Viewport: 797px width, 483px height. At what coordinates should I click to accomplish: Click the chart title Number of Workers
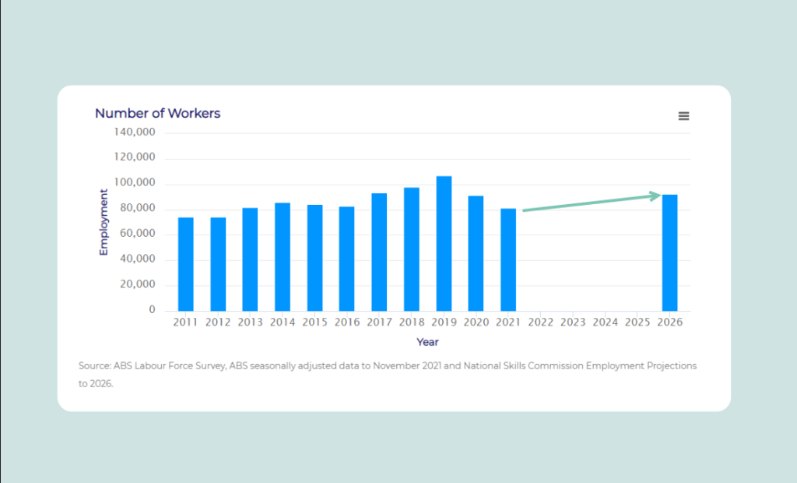tap(157, 114)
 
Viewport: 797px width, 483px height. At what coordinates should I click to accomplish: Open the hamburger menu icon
tap(683, 116)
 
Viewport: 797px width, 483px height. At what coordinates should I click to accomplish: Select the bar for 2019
tap(444, 244)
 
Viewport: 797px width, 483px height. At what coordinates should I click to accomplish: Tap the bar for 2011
tap(185, 264)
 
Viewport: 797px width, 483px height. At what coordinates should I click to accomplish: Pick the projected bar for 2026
tap(669, 253)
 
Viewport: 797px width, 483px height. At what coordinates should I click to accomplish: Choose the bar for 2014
tap(283, 257)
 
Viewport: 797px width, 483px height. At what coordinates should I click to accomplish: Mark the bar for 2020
tap(476, 253)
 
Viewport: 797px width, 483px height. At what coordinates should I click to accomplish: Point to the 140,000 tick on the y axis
tap(135, 132)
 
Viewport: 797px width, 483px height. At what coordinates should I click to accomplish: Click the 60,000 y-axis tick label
tap(139, 234)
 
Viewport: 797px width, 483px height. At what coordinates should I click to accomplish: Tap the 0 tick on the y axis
tap(152, 310)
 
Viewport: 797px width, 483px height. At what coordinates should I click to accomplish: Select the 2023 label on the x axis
tap(573, 323)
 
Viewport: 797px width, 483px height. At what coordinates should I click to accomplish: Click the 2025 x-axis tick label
tap(637, 323)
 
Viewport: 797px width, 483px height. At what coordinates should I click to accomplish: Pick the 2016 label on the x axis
tap(347, 323)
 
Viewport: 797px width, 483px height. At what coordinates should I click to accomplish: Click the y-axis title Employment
tap(104, 222)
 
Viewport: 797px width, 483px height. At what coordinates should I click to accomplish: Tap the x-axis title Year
tap(427, 342)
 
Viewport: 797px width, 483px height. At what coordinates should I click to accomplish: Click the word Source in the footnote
tap(93, 365)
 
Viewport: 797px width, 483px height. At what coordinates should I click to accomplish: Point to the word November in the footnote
tap(396, 365)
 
